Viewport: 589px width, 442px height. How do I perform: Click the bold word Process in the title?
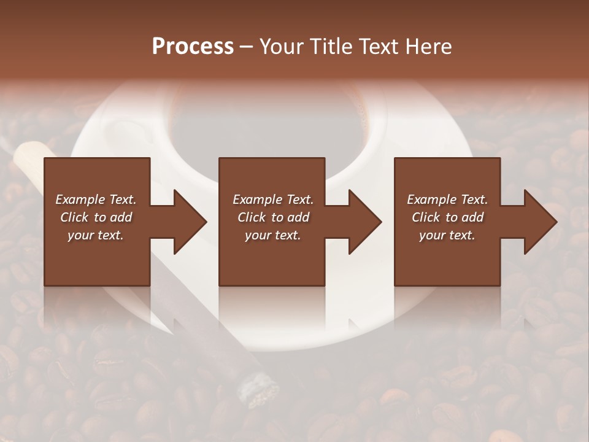(x=193, y=47)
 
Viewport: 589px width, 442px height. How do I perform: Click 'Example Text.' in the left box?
(x=96, y=200)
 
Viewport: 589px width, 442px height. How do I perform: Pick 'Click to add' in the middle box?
(x=273, y=217)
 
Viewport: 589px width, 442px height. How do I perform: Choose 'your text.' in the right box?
(x=447, y=235)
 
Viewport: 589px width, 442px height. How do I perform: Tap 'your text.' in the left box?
(x=96, y=235)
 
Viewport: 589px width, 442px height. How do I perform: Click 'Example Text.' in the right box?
(x=447, y=200)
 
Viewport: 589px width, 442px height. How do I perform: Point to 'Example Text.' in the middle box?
(x=273, y=200)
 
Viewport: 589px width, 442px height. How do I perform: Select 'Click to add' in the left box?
(x=96, y=217)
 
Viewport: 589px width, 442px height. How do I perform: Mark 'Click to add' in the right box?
(x=447, y=217)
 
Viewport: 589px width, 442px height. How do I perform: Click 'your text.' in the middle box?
(x=273, y=235)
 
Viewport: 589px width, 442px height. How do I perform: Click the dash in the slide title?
(x=246, y=47)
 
